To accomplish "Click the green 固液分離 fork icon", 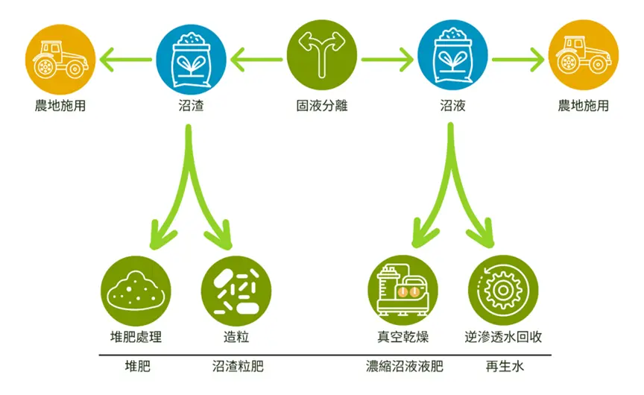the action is tap(321, 55).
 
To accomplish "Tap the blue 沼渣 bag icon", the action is tap(191, 60).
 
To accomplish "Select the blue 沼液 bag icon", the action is tap(452, 55).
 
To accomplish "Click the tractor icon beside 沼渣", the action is tap(60, 60).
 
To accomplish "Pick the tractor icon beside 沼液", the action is tap(583, 55).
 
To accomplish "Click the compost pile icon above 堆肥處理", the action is tap(136, 291).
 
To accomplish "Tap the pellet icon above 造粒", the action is tap(236, 291).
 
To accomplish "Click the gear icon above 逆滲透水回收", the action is tap(503, 291).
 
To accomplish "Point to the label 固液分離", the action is tap(322, 106).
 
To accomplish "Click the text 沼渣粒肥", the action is tap(238, 366).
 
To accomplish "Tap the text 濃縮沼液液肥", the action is tap(405, 366).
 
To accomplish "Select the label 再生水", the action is tap(505, 366).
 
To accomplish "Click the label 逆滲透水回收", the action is tap(503, 337).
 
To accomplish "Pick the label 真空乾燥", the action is tap(403, 337).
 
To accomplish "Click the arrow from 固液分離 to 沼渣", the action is tap(256, 60).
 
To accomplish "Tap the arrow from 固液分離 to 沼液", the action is tap(388, 60).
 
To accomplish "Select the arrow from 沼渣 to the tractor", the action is tap(126, 60).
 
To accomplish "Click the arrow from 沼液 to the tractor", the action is tap(518, 60).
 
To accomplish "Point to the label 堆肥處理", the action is tap(136, 337).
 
